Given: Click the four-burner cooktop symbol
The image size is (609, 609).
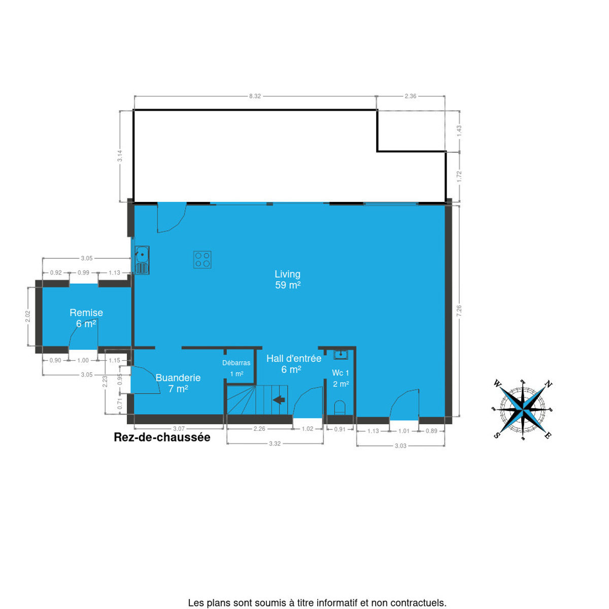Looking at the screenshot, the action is [x=202, y=260].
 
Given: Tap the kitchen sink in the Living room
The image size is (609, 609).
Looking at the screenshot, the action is [x=142, y=260].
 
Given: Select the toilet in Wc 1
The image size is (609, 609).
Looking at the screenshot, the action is [x=340, y=408].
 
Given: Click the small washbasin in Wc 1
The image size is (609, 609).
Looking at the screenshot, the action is [x=341, y=354].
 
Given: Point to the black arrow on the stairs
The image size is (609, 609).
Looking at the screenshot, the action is [x=279, y=400].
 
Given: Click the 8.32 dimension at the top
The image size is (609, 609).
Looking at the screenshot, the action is [x=255, y=96].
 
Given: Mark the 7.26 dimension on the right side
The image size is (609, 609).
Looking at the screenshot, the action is [x=459, y=311].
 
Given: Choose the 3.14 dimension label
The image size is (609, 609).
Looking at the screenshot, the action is [x=120, y=156].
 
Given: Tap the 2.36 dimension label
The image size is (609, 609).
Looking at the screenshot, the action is [x=411, y=96].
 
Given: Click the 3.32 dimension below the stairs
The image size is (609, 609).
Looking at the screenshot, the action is [x=275, y=444].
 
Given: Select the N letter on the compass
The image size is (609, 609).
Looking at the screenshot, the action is [x=548, y=385].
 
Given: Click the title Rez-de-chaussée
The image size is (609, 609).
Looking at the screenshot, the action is [x=162, y=437].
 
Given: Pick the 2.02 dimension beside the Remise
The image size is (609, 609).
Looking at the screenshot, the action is [x=27, y=317].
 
